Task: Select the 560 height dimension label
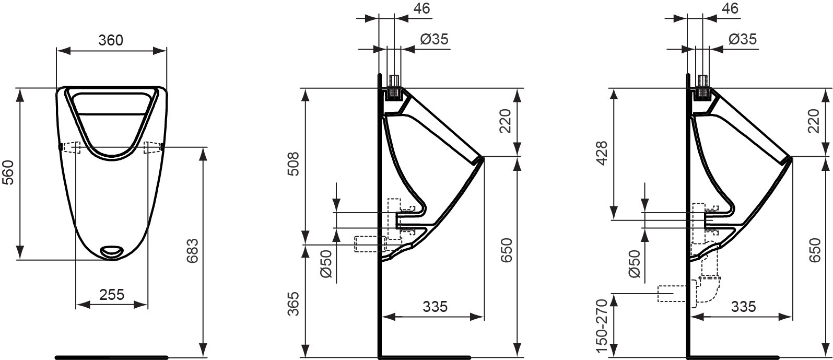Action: coord(9,173)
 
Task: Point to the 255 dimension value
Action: coord(111,294)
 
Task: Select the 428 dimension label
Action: coord(603,153)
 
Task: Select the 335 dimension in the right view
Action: coord(743,306)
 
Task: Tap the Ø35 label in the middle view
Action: coord(434,39)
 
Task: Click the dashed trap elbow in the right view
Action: coord(708,290)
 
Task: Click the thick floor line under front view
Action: coord(111,357)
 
